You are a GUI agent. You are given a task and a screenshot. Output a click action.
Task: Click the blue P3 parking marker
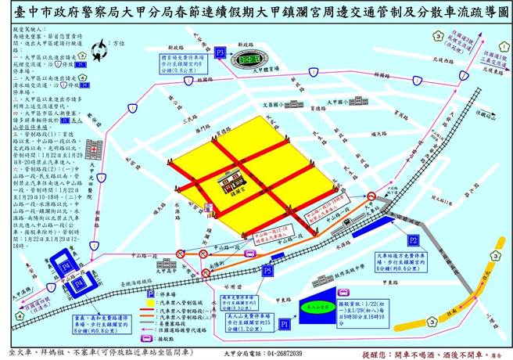tap(221, 53)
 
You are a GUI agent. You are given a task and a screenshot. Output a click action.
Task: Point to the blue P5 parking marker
tap(267, 271)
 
